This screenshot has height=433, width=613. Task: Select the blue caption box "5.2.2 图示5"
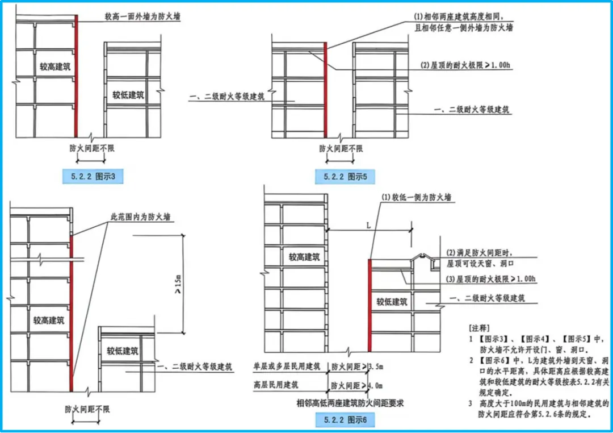345,177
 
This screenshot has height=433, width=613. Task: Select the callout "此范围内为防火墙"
141,217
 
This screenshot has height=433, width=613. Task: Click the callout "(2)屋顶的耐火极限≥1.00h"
465,65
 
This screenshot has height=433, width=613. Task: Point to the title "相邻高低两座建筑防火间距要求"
353,403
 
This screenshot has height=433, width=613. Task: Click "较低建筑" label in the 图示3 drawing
128,95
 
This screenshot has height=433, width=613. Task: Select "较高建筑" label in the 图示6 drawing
304,257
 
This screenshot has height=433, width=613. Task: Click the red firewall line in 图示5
326,91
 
